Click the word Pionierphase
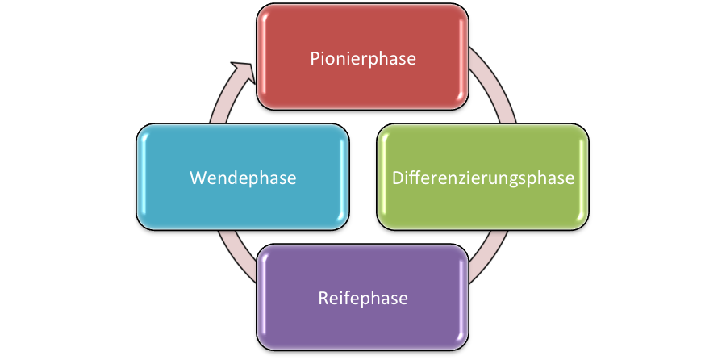click(363, 59)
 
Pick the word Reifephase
click(362, 299)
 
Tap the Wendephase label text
click(243, 178)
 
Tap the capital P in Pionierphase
click(315, 58)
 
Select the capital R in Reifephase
click(321, 299)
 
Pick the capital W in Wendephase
click(197, 178)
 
